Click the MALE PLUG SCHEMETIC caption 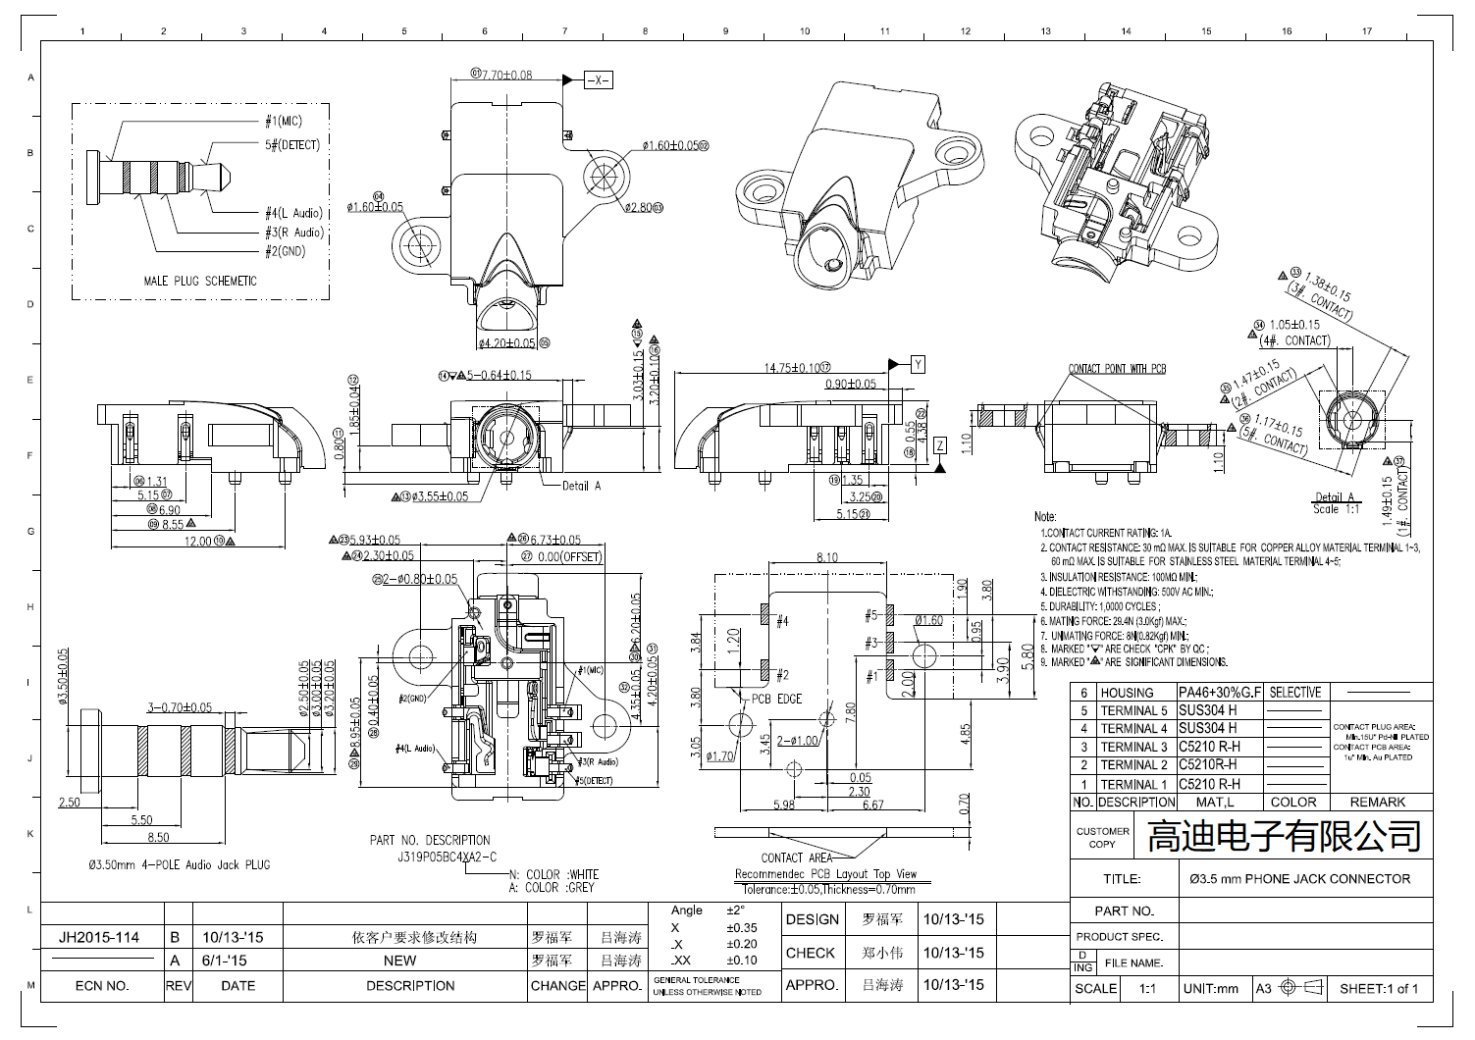coord(200,281)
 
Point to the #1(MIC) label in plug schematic coord(284,122)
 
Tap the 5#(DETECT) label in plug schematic coord(291,144)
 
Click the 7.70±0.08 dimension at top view coord(504,75)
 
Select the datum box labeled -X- coord(598,80)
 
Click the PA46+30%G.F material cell coord(1220,693)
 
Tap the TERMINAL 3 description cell coord(1133,747)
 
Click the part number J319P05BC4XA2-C coord(434,856)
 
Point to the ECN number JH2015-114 coord(99,937)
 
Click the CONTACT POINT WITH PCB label coord(1117,369)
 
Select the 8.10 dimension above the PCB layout coord(826,557)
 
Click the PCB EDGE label coord(776,699)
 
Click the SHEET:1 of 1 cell coord(1378,988)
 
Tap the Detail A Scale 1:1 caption coord(1335,503)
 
